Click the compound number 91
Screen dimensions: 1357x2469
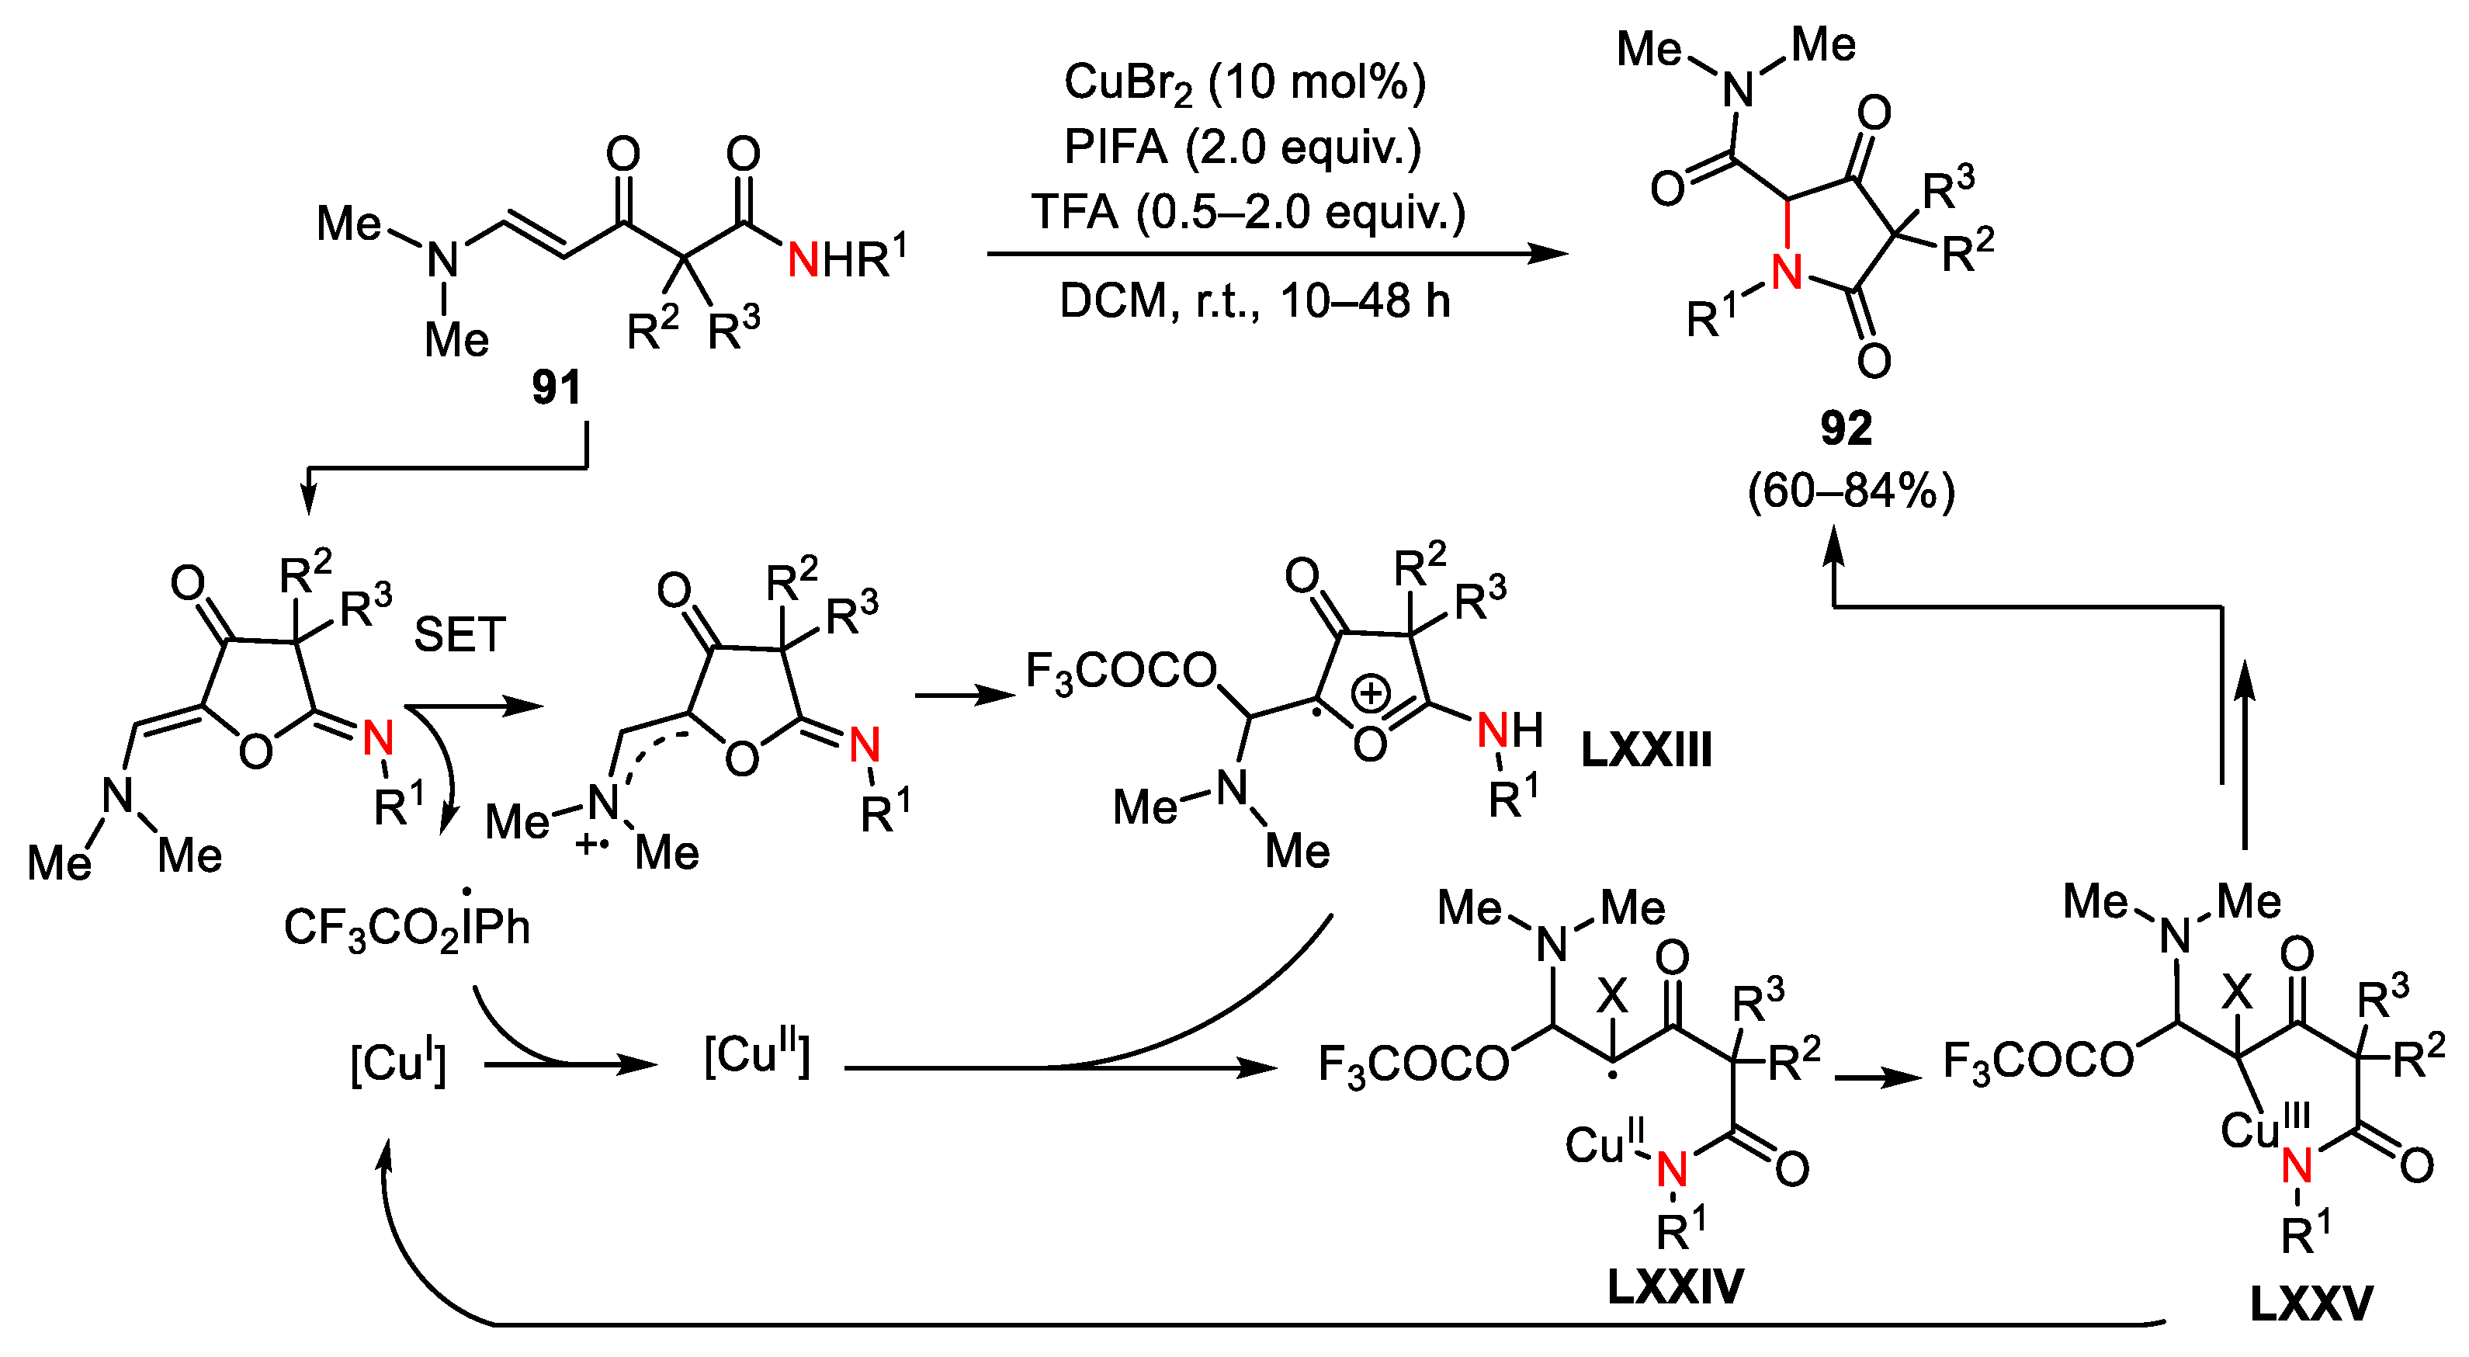click(x=557, y=387)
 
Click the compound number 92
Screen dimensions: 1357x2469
click(x=1845, y=428)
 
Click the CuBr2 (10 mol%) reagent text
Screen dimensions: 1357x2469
click(x=1244, y=82)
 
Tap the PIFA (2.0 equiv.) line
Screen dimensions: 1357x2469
click(x=1242, y=147)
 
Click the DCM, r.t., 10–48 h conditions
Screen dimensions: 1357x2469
click(x=1254, y=301)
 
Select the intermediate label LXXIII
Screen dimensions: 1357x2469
click(x=1645, y=749)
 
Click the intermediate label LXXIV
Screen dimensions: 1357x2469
click(x=1674, y=1286)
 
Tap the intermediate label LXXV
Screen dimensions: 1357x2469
click(x=2311, y=1303)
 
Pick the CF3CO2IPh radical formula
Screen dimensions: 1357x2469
click(x=407, y=928)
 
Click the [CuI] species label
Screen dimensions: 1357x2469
click(x=397, y=1063)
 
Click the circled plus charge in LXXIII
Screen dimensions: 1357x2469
click(x=1371, y=693)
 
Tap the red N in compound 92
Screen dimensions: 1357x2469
click(x=1788, y=273)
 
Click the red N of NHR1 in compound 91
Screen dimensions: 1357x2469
click(x=803, y=260)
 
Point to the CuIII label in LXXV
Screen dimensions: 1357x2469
click(x=2264, y=1128)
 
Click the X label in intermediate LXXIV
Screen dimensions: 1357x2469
click(x=1612, y=997)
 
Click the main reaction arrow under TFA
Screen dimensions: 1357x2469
click(x=1274, y=254)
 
